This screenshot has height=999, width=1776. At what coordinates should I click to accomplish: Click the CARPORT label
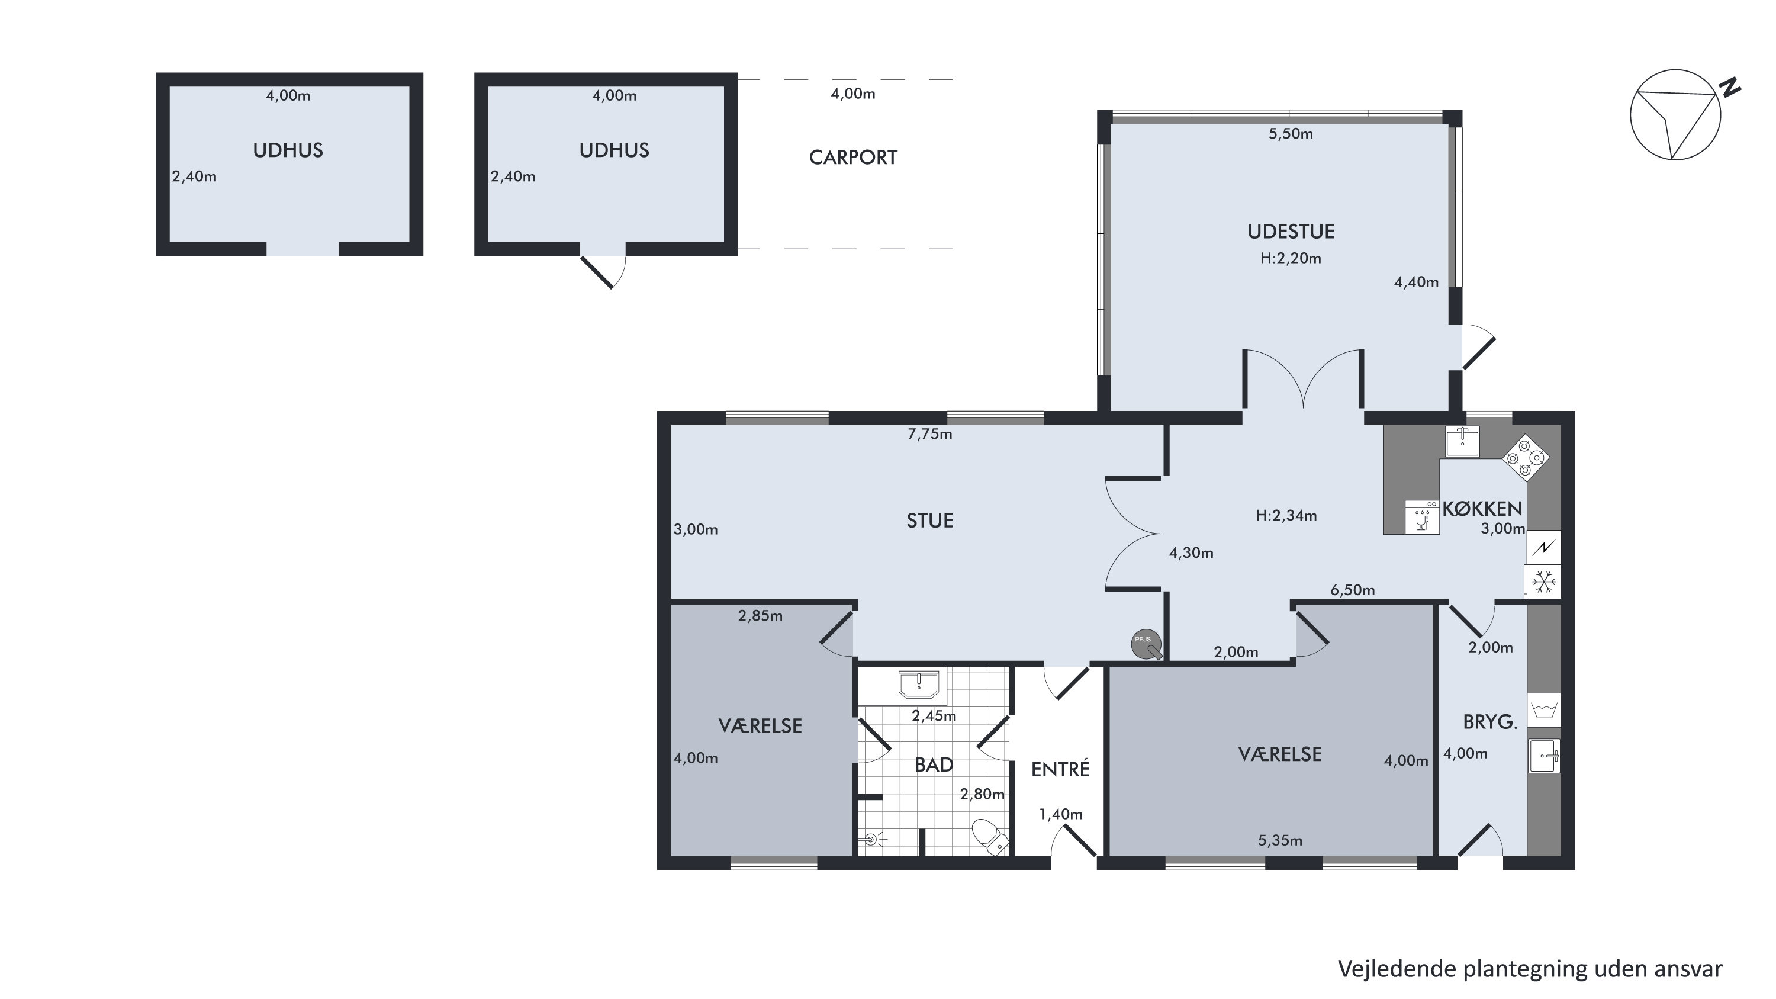pos(853,157)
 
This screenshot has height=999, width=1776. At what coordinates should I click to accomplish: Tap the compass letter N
pos(1730,88)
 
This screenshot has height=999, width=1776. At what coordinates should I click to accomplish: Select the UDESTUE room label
pos(1291,231)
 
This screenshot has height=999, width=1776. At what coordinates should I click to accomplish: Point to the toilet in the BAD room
pos(990,836)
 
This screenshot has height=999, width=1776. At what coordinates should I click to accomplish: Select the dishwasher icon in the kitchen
pos(1421,517)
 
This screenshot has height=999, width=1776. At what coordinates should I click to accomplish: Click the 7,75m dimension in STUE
pos(929,433)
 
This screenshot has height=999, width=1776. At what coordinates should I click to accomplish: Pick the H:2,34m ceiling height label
pos(1286,515)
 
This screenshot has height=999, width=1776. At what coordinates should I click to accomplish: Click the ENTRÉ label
pos(1060,769)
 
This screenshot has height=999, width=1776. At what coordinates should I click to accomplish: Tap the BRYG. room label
pos(1490,722)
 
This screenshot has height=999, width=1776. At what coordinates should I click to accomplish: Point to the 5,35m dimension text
pos(1279,840)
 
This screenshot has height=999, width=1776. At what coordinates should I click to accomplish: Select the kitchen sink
pos(1462,441)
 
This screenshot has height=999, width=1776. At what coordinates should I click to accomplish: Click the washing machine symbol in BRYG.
pos(1544,709)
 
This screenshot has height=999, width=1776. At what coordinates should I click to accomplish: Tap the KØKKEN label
pos(1482,509)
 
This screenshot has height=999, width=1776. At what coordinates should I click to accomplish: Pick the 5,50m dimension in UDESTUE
pos(1291,134)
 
